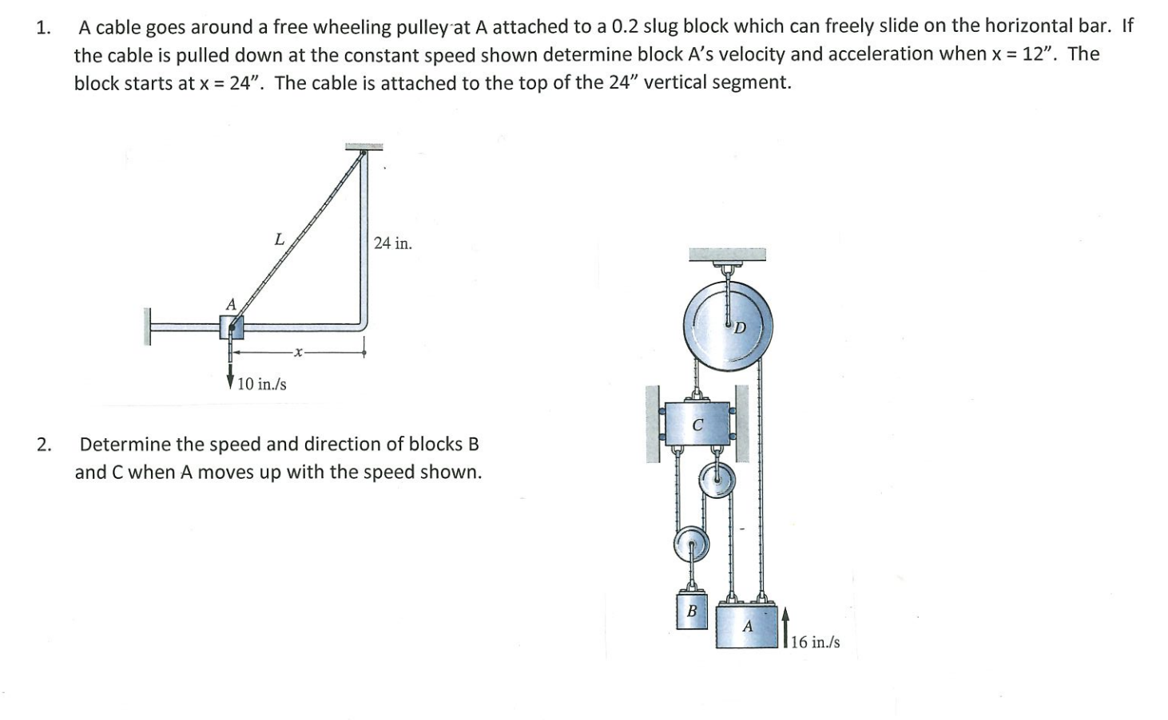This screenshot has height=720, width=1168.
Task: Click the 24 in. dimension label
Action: [x=392, y=243]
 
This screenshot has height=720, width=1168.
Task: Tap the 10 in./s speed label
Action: [x=261, y=384]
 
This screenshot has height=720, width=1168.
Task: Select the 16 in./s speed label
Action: [x=815, y=642]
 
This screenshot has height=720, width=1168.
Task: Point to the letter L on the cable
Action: [x=279, y=238]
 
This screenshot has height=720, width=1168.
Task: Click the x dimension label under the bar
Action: [x=297, y=351]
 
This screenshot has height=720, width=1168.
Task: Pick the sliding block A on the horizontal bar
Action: [x=232, y=326]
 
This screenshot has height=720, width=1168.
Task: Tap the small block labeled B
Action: [x=692, y=611]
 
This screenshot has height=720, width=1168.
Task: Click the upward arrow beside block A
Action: [x=786, y=627]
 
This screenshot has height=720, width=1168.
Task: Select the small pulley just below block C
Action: [x=717, y=483]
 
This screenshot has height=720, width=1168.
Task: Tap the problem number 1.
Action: [x=42, y=28]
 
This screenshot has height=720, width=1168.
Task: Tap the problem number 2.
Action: [x=43, y=445]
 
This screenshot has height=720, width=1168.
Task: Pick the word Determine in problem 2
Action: [x=124, y=444]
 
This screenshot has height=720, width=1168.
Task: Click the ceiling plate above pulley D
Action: [x=727, y=255]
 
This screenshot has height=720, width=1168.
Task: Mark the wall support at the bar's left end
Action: [x=147, y=326]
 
